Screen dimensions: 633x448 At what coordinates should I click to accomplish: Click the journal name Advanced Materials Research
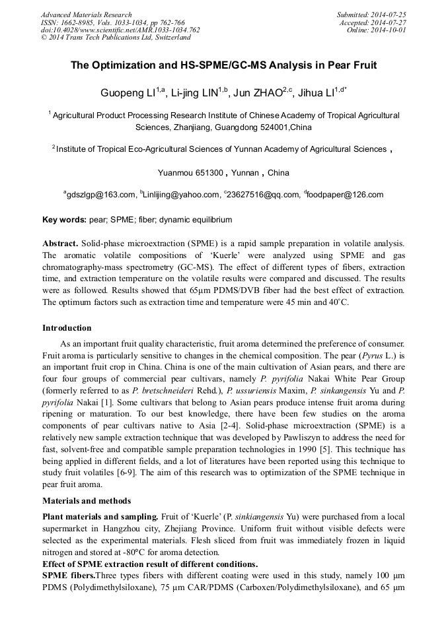point(86,15)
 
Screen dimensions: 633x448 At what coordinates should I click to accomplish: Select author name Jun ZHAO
point(258,94)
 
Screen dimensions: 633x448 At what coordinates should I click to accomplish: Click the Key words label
point(63,220)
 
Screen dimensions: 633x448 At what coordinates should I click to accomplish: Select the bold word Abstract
point(61,244)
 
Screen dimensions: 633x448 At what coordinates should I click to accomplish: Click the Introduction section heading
point(67,328)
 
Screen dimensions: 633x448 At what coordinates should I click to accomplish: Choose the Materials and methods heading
point(87,501)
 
